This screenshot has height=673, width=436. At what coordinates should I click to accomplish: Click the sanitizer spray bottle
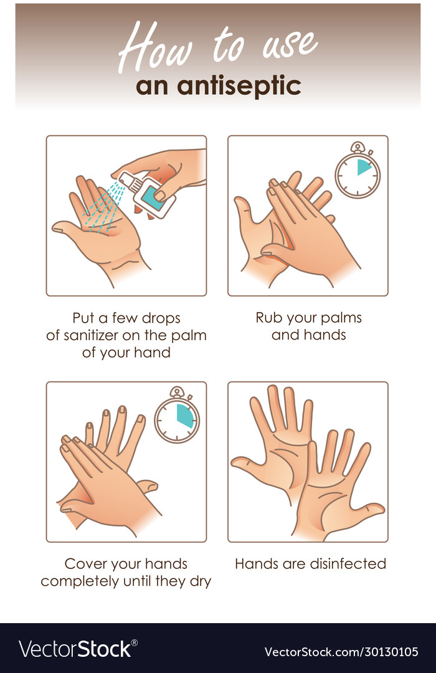tap(149, 194)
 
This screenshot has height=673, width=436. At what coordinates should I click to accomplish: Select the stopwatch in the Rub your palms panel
tap(358, 172)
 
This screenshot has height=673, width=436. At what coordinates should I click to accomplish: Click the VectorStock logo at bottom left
tap(75, 649)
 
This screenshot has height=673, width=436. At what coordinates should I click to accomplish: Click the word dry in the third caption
tap(200, 581)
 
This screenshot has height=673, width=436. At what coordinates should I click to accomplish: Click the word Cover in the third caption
tap(85, 564)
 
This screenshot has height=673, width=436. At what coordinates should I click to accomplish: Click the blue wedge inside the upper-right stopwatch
tap(364, 166)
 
